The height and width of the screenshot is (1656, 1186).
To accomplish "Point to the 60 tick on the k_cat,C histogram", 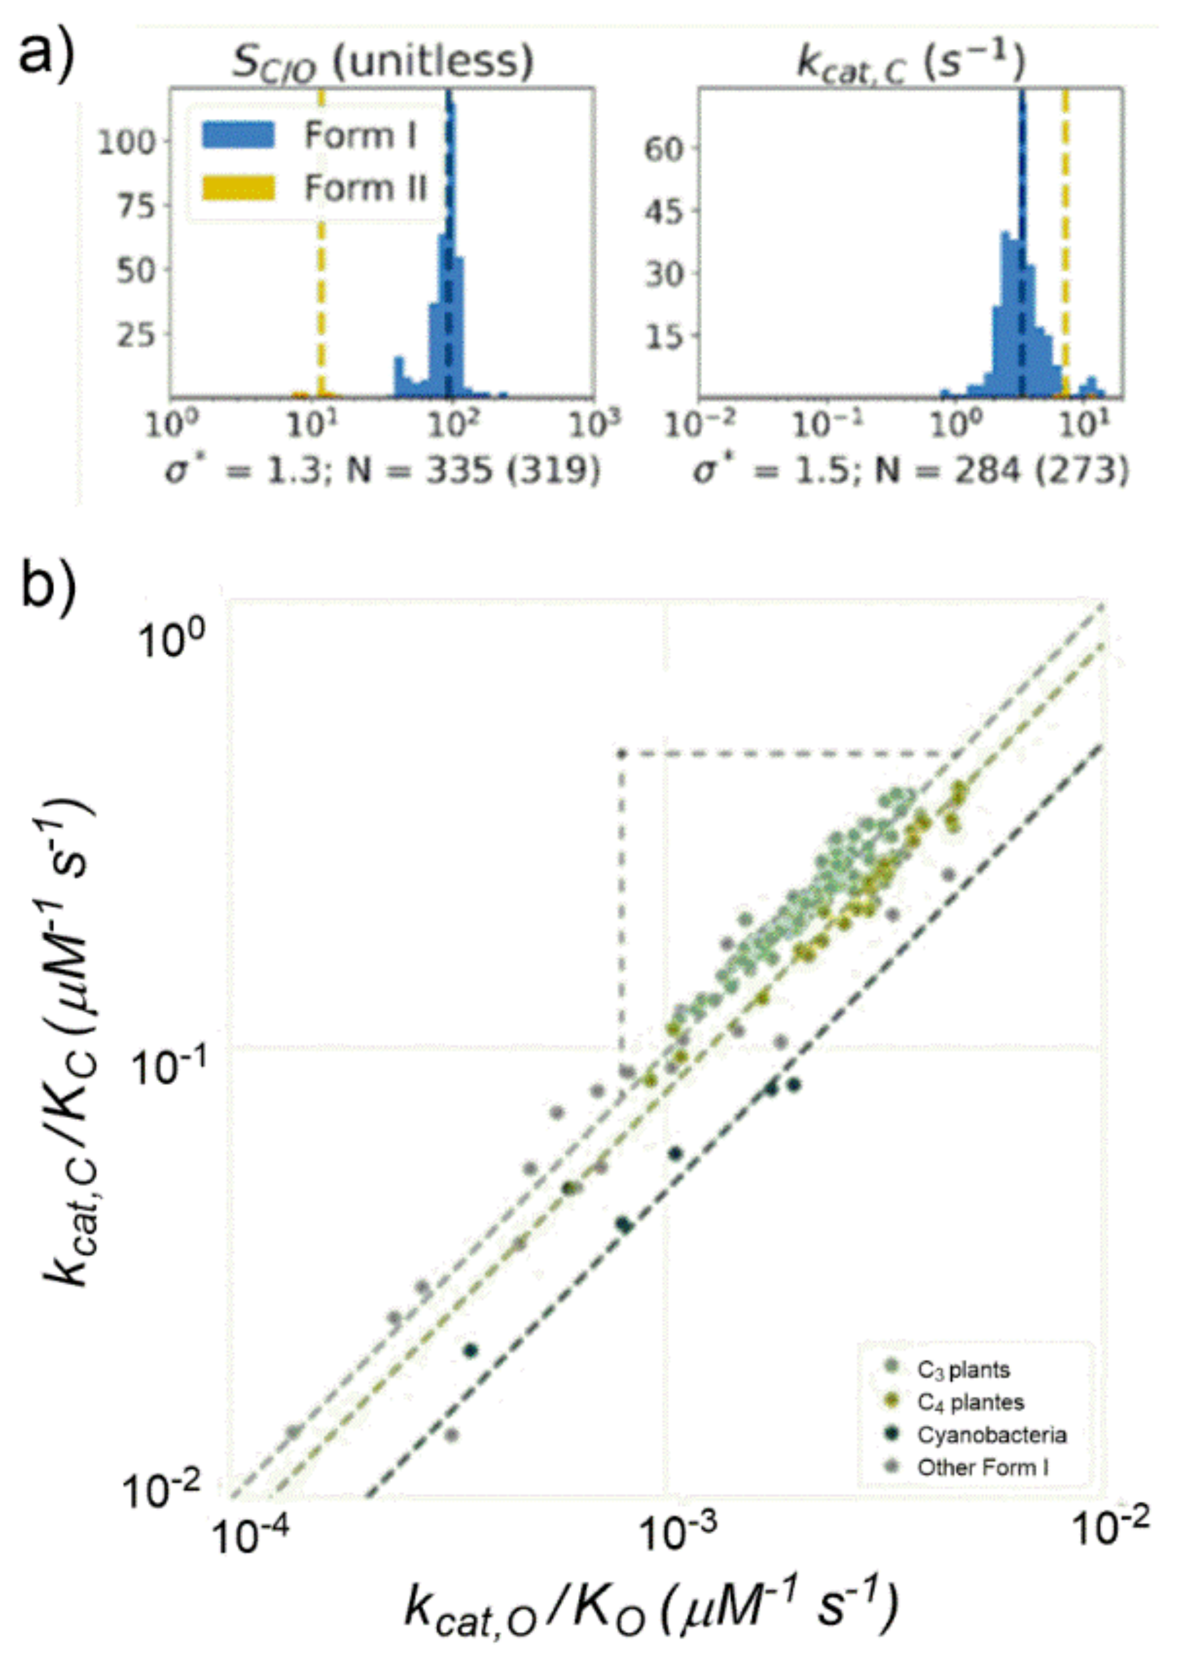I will click(x=663, y=149).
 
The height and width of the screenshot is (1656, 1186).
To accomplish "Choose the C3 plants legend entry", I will click(x=963, y=1370).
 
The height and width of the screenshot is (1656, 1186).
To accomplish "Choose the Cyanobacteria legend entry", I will click(x=991, y=1435).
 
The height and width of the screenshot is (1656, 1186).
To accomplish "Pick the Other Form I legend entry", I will click(x=982, y=1468).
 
